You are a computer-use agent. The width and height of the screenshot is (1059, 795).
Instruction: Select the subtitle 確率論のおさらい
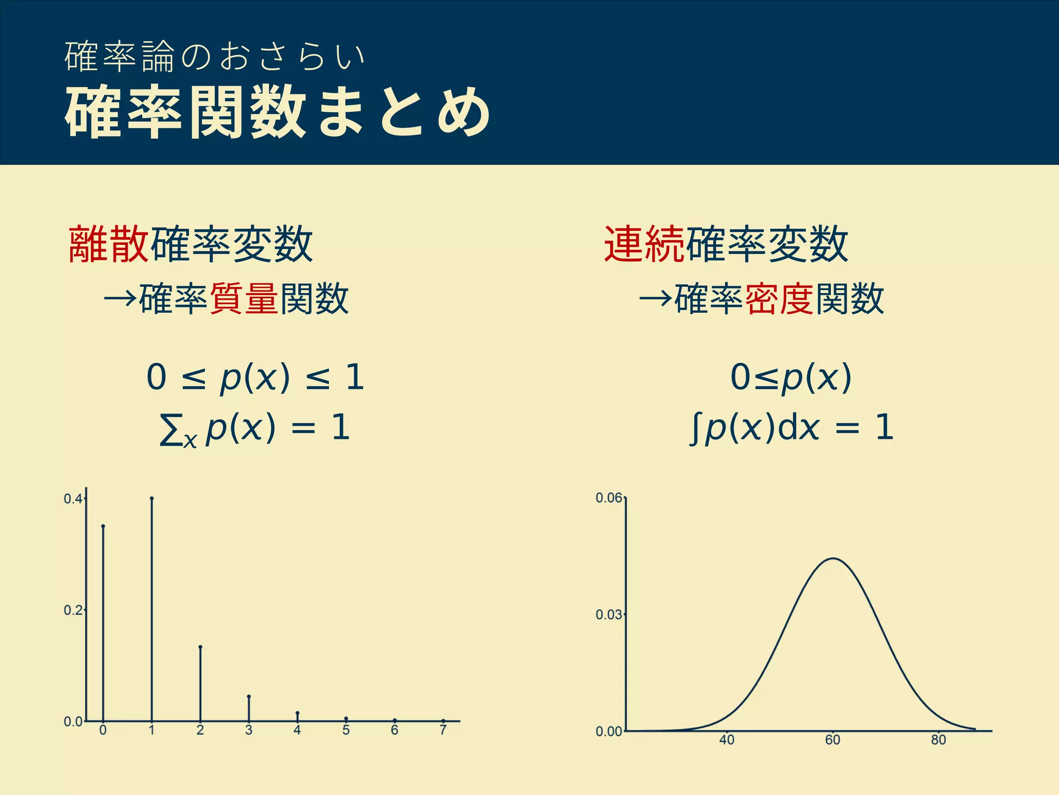pyautogui.click(x=215, y=56)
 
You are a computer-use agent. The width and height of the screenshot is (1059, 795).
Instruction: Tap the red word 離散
pyautogui.click(x=109, y=244)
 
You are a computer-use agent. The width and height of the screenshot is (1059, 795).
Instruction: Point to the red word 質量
pyautogui.click(x=244, y=299)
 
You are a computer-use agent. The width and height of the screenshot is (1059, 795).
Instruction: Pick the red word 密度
pyautogui.click(x=780, y=299)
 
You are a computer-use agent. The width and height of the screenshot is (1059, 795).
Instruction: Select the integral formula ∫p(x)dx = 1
pyautogui.click(x=792, y=429)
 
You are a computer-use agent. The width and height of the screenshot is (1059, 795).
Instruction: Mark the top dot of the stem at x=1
pyautogui.click(x=152, y=498)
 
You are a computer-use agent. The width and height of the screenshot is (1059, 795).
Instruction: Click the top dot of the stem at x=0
pyautogui.click(x=103, y=526)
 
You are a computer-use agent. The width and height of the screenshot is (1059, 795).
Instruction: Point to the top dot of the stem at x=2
pyautogui.click(x=200, y=647)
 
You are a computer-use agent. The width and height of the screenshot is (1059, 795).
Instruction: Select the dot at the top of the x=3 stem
pyautogui.click(x=249, y=697)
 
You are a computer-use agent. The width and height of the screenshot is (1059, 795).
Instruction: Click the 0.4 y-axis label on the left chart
pyautogui.click(x=72, y=499)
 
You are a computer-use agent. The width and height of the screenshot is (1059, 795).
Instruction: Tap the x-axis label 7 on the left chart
pyautogui.click(x=443, y=730)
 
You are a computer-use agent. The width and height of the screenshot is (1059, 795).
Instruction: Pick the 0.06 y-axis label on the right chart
pyautogui.click(x=609, y=498)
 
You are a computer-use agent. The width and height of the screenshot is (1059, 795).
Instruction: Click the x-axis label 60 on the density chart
pyautogui.click(x=833, y=740)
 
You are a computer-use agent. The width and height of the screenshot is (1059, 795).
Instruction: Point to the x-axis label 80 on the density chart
pyautogui.click(x=939, y=740)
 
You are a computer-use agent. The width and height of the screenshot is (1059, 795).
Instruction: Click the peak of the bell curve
pyautogui.click(x=834, y=558)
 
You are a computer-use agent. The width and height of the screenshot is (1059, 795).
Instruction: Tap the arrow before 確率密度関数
pyautogui.click(x=656, y=299)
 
